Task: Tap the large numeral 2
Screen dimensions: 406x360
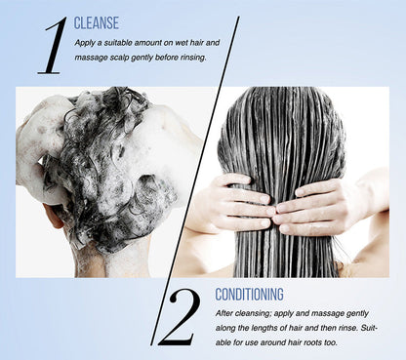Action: coord(179,318)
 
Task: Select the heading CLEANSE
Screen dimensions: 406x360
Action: coord(97,23)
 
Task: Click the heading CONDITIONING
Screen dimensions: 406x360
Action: coord(249,295)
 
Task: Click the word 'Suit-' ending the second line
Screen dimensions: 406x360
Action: coord(369,328)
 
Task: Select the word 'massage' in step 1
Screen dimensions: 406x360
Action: coord(87,58)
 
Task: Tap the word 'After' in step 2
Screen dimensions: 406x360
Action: coord(224,313)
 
